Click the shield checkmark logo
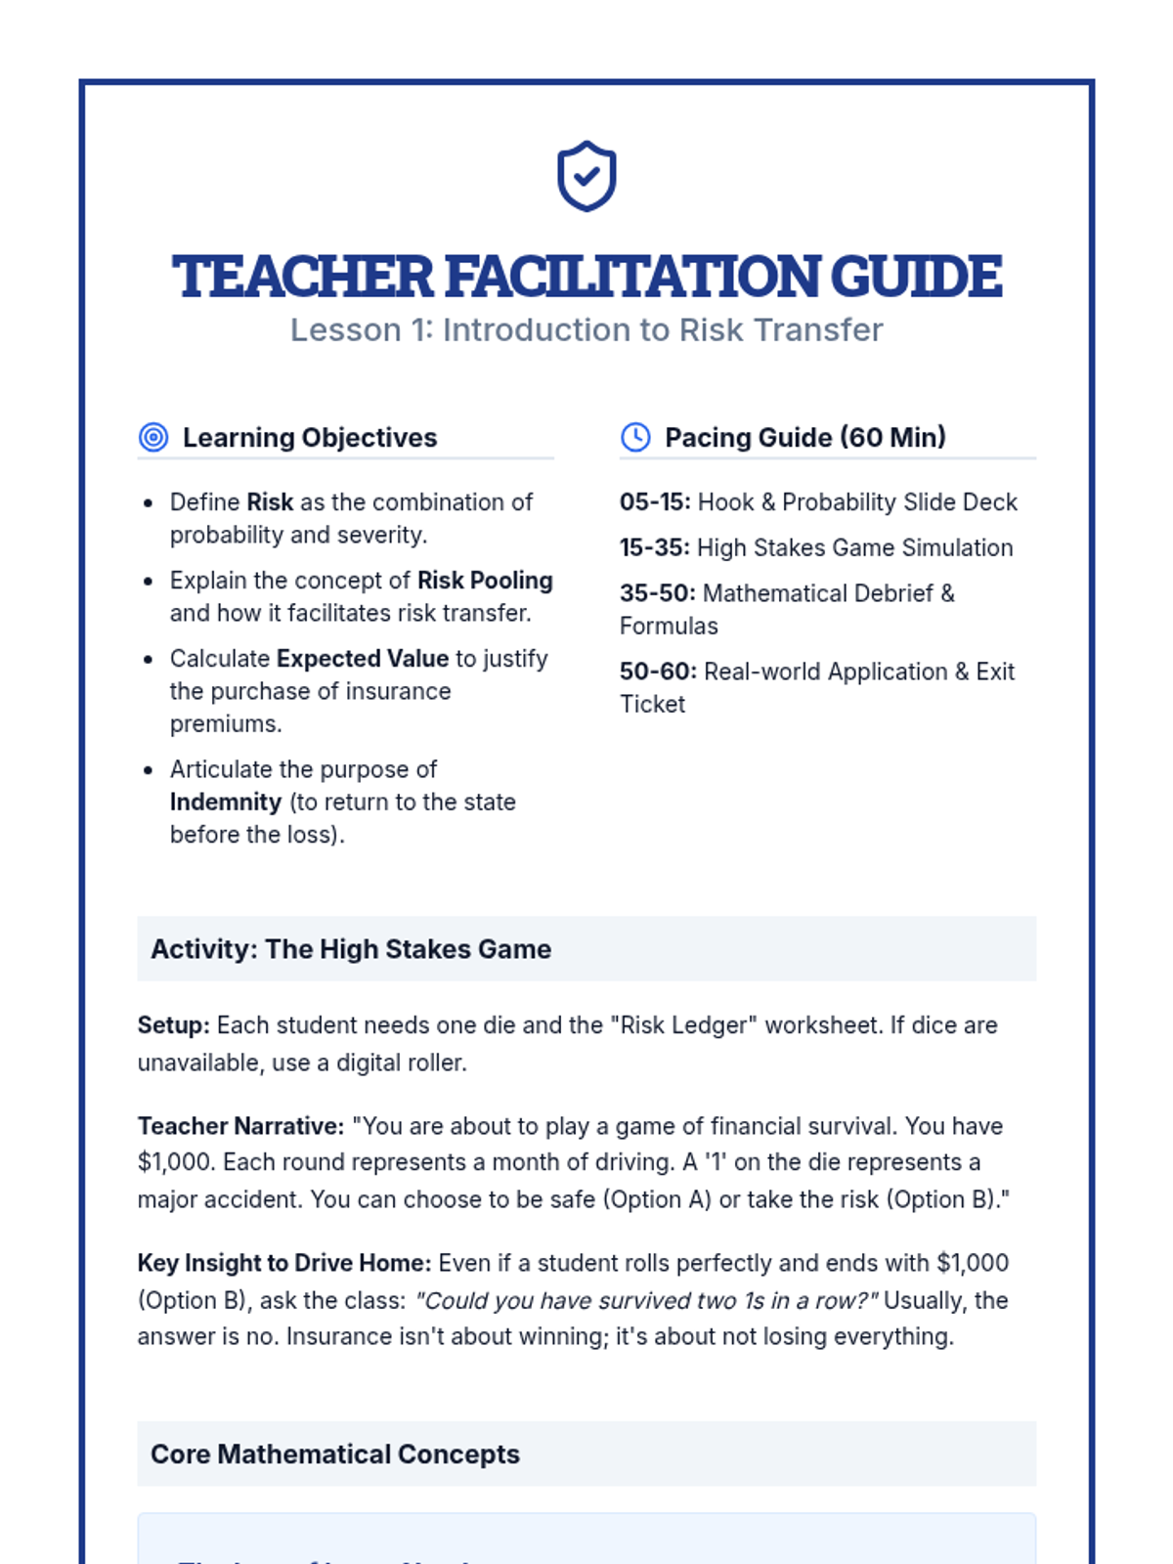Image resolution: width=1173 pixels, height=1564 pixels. coord(586,176)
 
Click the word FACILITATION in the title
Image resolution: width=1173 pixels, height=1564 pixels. coord(636,277)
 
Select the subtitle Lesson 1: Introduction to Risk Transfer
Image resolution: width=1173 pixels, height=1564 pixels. coord(586,330)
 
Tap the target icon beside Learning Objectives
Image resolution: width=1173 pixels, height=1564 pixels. coord(153,437)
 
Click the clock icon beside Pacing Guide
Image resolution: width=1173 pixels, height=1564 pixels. coord(635,437)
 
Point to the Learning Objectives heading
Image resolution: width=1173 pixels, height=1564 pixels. coord(309,438)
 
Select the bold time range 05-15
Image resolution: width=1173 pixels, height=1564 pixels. coord(654,502)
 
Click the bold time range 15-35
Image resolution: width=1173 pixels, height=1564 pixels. coord(654,547)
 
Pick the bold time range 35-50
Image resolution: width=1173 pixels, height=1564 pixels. coord(657,593)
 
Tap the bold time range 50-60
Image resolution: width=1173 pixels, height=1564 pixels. coord(658,672)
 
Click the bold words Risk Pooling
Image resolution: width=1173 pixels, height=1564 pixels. coord(485,581)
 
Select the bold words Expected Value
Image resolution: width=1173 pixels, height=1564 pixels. coord(363,659)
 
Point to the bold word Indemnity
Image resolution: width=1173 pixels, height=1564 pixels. coord(226,803)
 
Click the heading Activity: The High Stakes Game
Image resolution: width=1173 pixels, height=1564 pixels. coord(351,949)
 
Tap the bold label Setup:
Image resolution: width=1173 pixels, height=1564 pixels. coord(173,1025)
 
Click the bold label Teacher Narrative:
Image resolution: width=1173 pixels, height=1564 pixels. coord(240,1126)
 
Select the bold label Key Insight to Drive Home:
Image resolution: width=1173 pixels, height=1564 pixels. coord(283,1263)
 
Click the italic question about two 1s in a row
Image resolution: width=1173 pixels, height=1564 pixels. coord(646,1301)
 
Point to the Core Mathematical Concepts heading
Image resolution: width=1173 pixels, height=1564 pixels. coord(335,1455)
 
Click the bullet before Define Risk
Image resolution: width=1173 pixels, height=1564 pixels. coord(148,503)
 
